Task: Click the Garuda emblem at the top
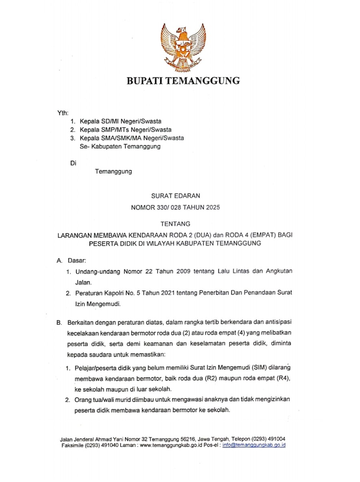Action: point(183,47)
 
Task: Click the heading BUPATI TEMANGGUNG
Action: point(183,81)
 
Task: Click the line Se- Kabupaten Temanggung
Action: point(120,146)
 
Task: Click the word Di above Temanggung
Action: point(73,162)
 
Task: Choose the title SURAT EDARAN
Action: point(176,196)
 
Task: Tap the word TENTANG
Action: point(175,224)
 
